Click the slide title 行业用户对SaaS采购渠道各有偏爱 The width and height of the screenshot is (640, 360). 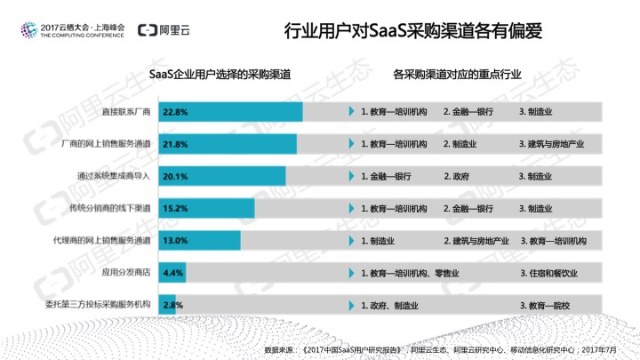click(x=412, y=31)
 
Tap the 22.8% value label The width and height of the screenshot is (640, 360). click(x=175, y=113)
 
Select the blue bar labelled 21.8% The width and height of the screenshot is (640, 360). click(x=228, y=144)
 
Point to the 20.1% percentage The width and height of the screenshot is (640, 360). click(x=175, y=176)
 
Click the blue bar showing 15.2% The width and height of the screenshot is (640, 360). click(x=206, y=208)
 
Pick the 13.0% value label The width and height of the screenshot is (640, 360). click(x=175, y=241)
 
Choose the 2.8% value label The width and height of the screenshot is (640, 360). click(x=172, y=305)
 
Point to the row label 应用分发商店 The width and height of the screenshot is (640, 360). click(x=125, y=273)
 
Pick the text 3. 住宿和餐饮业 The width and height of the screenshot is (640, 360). click(x=552, y=273)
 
